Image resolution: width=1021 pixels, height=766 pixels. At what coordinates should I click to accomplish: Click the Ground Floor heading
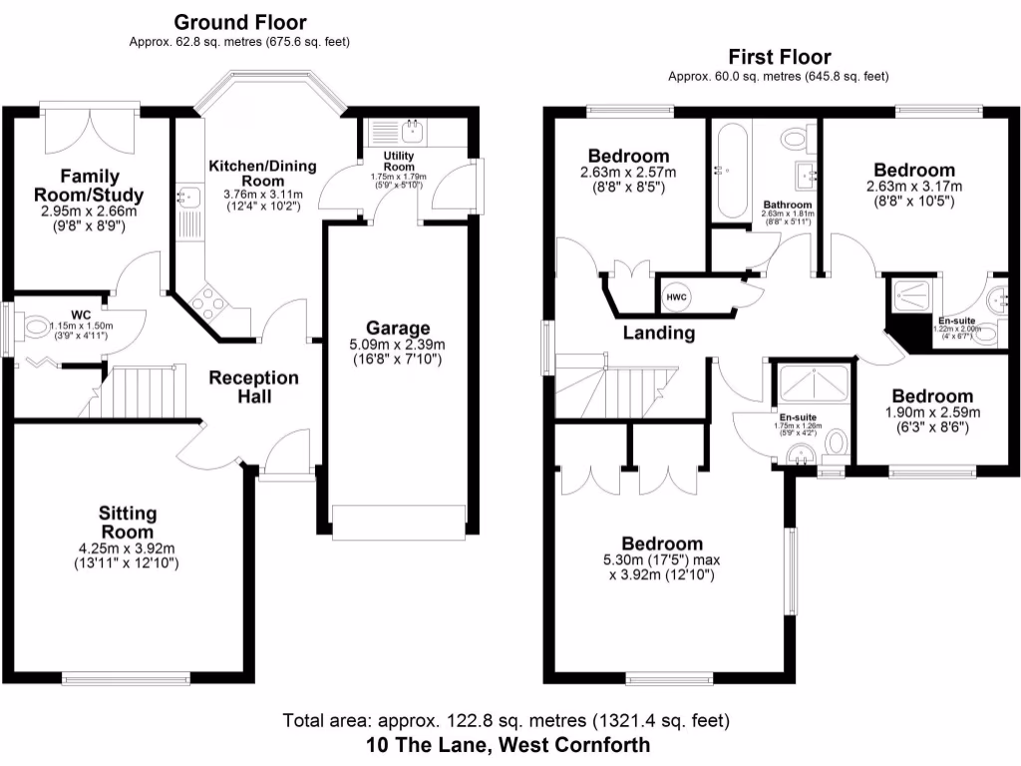pyautogui.click(x=239, y=22)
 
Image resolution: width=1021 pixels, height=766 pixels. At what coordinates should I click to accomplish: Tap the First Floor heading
pyautogui.click(x=779, y=57)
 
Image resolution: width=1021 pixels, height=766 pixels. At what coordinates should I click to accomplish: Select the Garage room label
pyautogui.click(x=398, y=328)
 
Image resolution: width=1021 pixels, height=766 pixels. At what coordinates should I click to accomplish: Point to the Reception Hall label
pyautogui.click(x=253, y=387)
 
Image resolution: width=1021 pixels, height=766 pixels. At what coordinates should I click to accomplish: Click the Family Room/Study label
pyautogui.click(x=89, y=186)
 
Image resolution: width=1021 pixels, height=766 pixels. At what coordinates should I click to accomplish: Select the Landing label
pyautogui.click(x=659, y=333)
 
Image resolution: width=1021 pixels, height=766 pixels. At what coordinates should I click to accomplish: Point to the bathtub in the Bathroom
pyautogui.click(x=728, y=171)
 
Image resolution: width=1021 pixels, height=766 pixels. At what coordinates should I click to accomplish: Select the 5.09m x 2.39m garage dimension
pyautogui.click(x=398, y=345)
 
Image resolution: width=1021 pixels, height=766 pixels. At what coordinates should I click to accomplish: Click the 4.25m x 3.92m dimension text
pyautogui.click(x=128, y=548)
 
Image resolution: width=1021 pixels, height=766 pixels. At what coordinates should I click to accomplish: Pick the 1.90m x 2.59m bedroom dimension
pyautogui.click(x=932, y=413)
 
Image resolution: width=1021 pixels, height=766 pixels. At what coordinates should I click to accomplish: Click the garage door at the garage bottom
pyautogui.click(x=399, y=521)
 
